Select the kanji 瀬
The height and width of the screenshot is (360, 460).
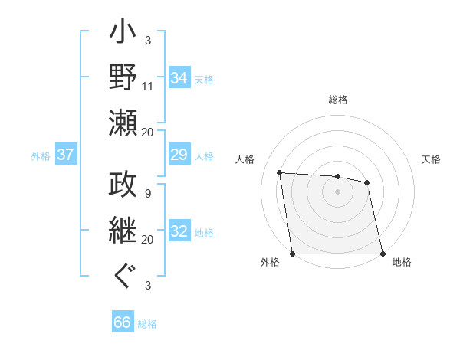click(123, 123)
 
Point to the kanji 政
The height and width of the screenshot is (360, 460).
click(123, 186)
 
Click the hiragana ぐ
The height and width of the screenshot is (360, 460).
click(123, 276)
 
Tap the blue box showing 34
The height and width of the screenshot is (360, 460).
click(179, 78)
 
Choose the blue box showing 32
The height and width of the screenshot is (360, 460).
click(179, 232)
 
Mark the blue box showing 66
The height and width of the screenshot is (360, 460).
click(123, 322)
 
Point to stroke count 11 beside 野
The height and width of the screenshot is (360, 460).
click(148, 86)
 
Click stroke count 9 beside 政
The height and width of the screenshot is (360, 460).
click(147, 194)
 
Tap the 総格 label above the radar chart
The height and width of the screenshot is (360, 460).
click(338, 100)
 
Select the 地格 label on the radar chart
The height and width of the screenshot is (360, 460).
click(402, 263)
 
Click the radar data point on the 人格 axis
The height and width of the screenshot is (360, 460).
click(280, 173)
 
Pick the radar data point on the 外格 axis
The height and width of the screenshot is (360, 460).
click(292, 254)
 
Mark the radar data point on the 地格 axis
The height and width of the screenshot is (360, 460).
click(383, 254)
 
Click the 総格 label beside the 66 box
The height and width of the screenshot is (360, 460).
click(147, 324)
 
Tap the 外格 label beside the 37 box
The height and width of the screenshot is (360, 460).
click(41, 156)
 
